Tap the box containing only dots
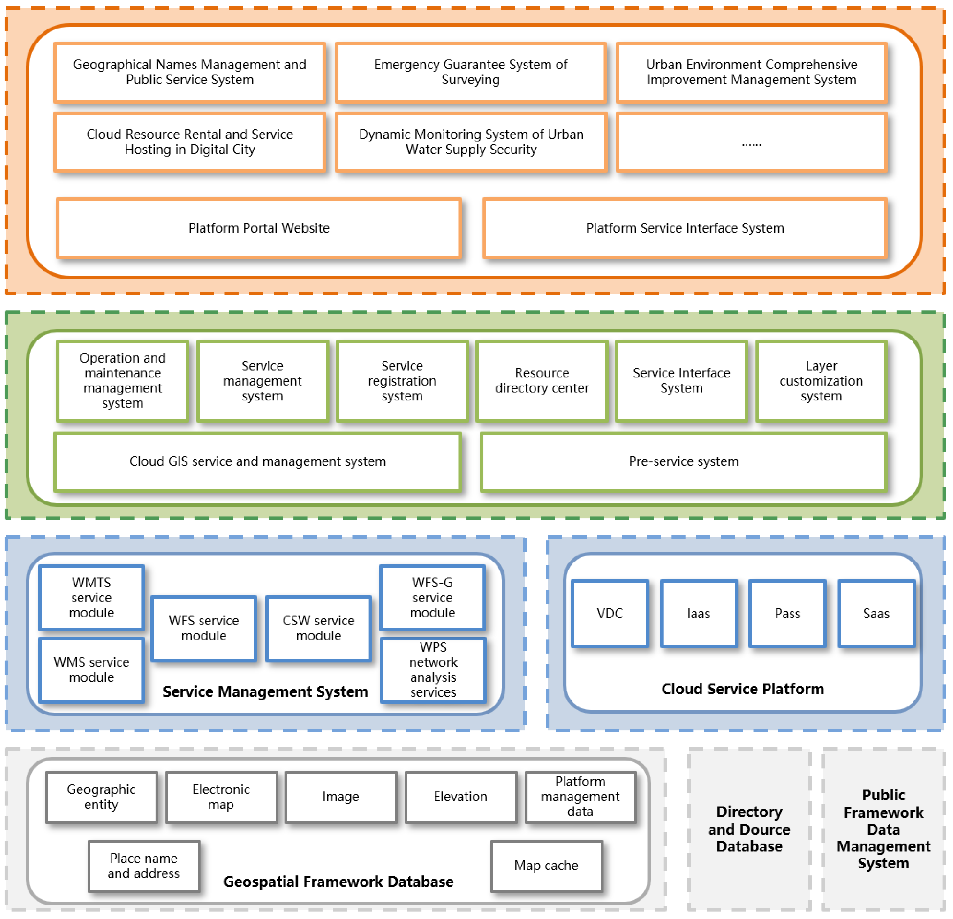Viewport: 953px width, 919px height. point(751,142)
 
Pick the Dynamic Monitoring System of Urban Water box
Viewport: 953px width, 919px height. point(471,142)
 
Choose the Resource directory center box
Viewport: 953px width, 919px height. point(542,380)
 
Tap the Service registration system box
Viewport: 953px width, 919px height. point(402,380)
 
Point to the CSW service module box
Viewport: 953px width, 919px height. point(318,628)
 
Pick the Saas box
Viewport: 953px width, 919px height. point(876,614)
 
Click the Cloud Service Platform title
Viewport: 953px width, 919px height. point(742,689)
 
